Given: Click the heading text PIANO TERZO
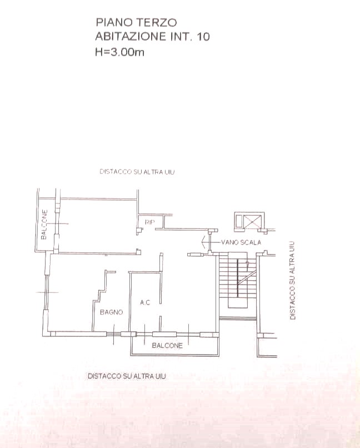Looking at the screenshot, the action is click(136, 22).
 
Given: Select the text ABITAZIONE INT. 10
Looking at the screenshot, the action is click(152, 37).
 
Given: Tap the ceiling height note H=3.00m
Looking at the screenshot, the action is click(119, 52).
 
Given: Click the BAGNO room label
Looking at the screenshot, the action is click(111, 312).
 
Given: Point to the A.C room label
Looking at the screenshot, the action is click(145, 302).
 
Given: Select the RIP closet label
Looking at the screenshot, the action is click(149, 222).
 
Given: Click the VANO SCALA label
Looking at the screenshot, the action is click(241, 242).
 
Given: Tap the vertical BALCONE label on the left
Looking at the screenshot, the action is click(44, 225).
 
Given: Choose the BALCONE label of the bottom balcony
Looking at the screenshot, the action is click(167, 345).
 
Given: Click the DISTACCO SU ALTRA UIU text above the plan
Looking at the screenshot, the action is click(137, 172).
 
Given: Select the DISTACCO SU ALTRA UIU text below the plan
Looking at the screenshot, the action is click(127, 376).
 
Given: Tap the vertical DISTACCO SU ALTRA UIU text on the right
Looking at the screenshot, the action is click(292, 280).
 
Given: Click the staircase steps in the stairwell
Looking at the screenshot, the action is click(238, 280).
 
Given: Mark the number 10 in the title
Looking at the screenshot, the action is click(203, 37).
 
